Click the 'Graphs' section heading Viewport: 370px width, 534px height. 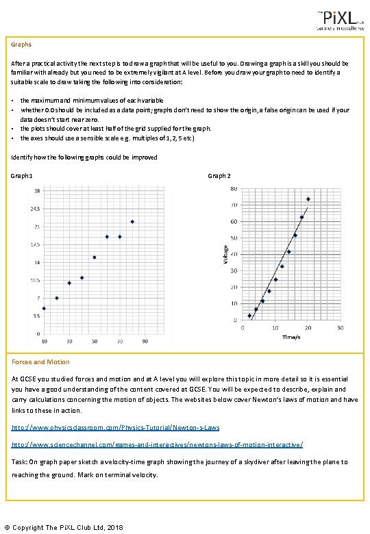pos(21,44)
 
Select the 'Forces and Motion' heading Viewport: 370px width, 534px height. pos(40,361)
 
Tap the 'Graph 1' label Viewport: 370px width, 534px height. pos(22,176)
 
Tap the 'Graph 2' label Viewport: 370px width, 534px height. pos(219,176)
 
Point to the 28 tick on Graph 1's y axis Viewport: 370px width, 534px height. pos(36,191)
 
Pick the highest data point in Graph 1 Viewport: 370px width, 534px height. pos(132,221)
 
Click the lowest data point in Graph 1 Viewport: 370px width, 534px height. pos(44,308)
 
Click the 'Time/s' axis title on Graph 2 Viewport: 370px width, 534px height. pos(291,336)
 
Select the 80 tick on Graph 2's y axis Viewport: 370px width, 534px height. pos(234,189)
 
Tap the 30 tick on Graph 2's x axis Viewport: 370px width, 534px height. pos(341,327)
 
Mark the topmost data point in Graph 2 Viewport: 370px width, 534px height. pos(308,199)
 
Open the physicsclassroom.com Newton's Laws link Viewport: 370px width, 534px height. pos(116,428)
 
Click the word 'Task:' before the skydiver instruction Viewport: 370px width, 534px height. pos(20,461)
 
